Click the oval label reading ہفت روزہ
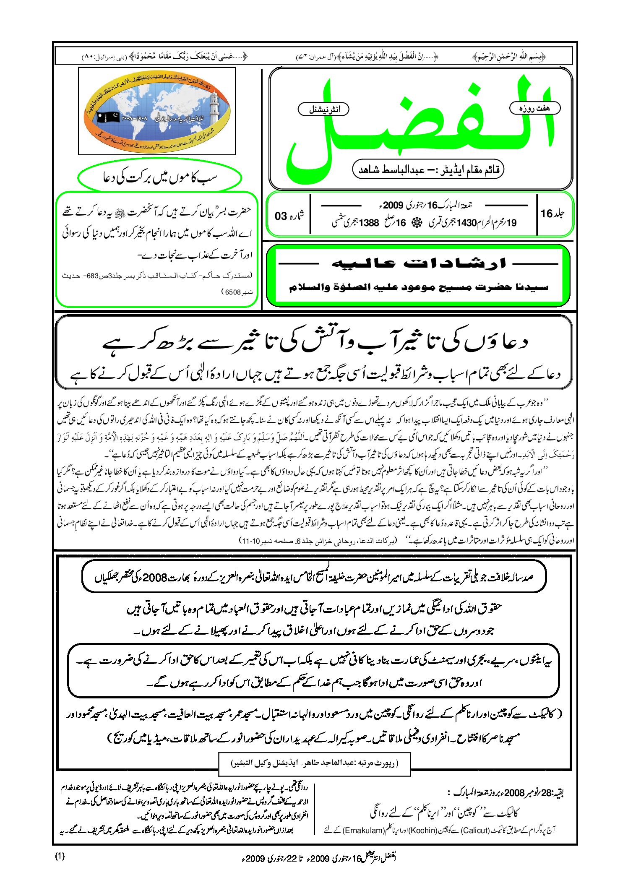pyautogui.click(x=534, y=108)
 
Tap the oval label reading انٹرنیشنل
pyautogui.click(x=323, y=109)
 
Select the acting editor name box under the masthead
pyautogui.click(x=428, y=170)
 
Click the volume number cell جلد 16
pyautogui.click(x=552, y=214)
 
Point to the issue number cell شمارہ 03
pyautogui.click(x=289, y=216)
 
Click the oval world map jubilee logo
pyautogui.click(x=157, y=112)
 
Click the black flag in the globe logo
pyautogui.click(x=108, y=117)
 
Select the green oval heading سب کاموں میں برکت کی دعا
pyautogui.click(x=159, y=177)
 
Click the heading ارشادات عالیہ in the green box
pyautogui.click(x=418, y=263)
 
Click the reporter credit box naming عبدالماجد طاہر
pyautogui.click(x=314, y=763)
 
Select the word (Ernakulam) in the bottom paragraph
pyautogui.click(x=363, y=830)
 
